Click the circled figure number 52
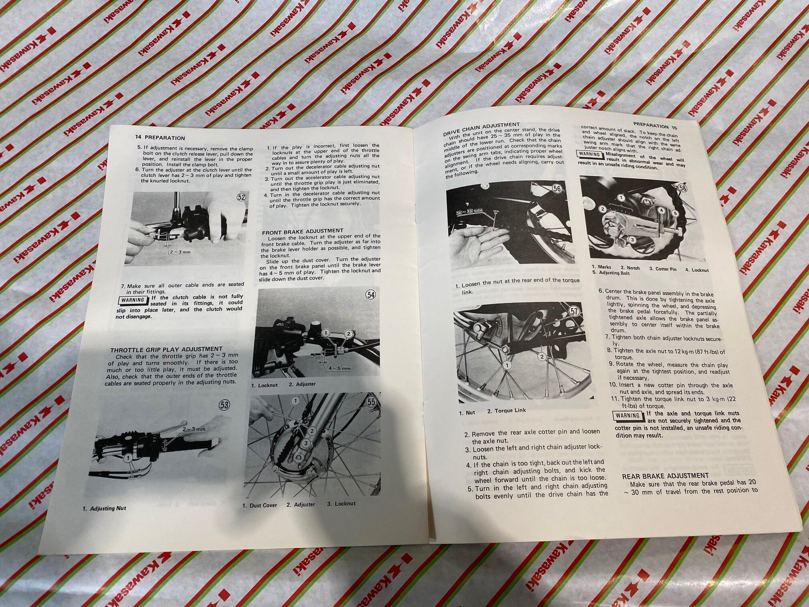242,197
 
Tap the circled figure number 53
224,405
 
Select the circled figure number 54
371,295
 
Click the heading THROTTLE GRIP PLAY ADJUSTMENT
166,349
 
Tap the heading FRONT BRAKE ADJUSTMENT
303,231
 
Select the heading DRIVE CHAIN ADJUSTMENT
482,128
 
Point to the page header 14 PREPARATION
160,137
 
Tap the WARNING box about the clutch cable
133,300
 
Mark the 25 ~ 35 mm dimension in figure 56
470,210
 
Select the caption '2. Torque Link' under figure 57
506,411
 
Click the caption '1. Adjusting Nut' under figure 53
104,508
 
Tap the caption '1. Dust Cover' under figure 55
260,505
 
